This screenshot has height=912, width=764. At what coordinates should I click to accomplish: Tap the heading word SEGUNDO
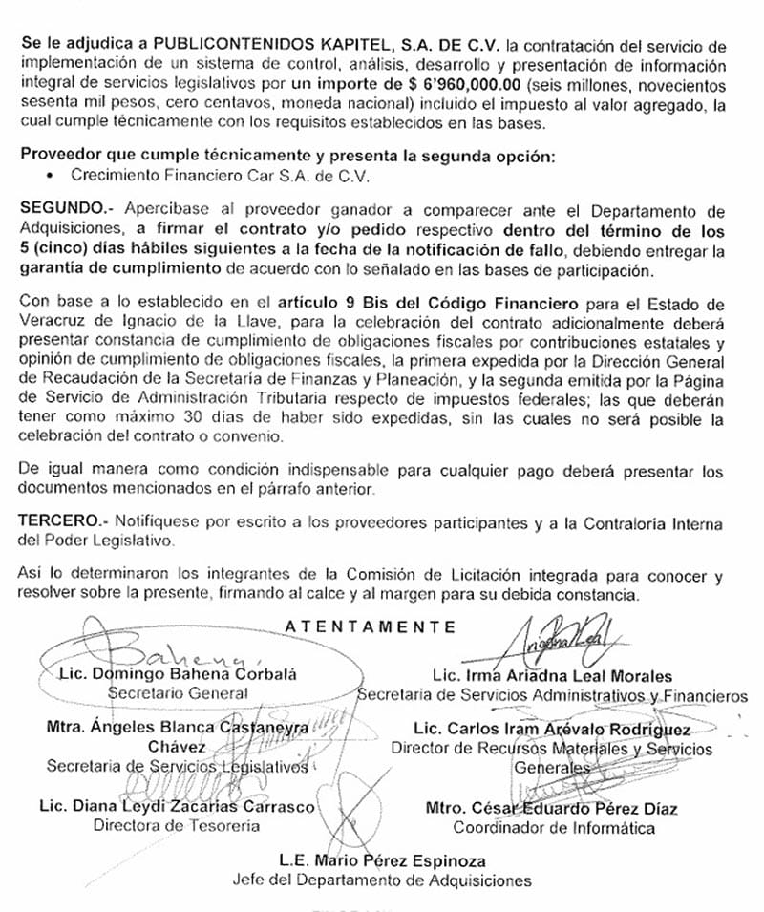coord(56,209)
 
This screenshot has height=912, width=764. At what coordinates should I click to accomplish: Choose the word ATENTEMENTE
coord(371,627)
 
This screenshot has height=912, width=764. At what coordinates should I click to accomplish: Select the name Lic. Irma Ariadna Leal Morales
coord(552,676)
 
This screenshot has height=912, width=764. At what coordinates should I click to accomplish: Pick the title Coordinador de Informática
coord(554,828)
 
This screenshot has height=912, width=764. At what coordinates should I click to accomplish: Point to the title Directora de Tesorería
coord(176,826)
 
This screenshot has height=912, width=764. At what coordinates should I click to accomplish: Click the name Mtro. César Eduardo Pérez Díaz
coord(551,809)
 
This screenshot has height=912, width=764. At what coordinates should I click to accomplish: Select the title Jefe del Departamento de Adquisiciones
coord(382,880)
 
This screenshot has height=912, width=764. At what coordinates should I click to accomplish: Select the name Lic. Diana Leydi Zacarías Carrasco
coord(177,807)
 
